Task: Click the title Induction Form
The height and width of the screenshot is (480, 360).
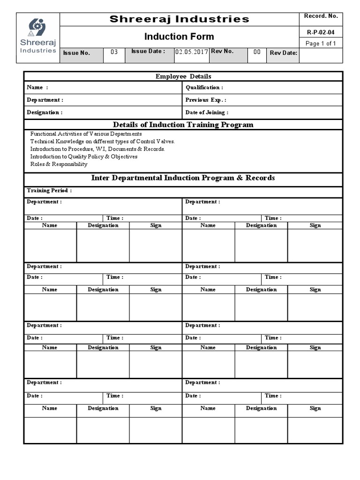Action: click(179, 37)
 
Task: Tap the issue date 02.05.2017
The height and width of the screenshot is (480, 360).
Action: click(191, 52)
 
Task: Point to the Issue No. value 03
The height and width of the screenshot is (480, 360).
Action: click(114, 52)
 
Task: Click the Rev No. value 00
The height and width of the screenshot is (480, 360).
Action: click(257, 52)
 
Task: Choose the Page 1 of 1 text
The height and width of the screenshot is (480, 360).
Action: click(320, 44)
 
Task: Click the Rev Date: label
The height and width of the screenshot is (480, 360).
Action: click(283, 53)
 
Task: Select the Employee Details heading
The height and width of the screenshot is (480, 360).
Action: click(183, 76)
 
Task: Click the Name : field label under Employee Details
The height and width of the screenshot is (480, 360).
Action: click(37, 88)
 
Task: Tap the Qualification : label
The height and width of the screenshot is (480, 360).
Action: click(204, 88)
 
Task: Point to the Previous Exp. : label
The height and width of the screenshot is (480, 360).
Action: click(206, 100)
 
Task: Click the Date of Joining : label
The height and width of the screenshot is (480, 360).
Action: click(207, 112)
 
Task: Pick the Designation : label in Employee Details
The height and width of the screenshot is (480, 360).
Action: click(45, 112)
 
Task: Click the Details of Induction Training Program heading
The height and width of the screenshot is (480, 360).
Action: click(183, 125)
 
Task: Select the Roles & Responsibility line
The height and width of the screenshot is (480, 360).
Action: click(59, 164)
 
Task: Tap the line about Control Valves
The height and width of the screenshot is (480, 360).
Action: click(102, 141)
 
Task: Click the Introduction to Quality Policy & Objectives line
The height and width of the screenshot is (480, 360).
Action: click(84, 157)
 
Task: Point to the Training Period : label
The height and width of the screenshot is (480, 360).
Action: click(49, 191)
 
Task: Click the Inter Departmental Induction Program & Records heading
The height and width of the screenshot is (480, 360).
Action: click(183, 178)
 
